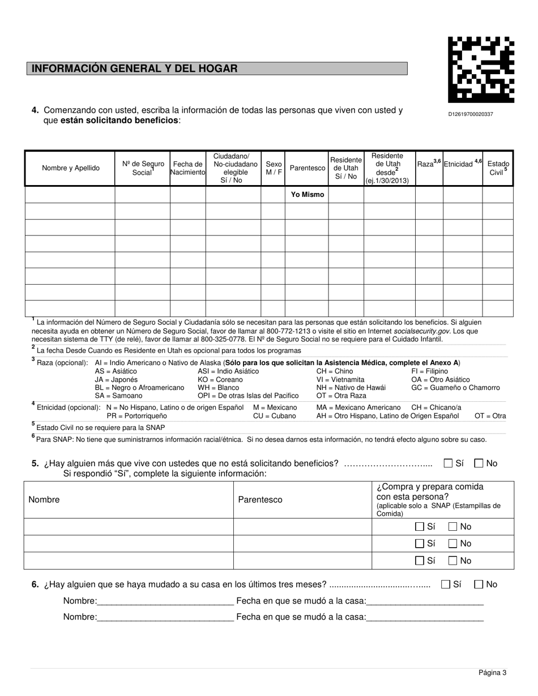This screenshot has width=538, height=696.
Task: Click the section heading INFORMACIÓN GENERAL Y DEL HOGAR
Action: (x=135, y=68)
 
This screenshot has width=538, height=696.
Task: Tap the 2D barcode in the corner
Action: (x=481, y=70)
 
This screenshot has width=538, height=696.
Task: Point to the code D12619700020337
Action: (x=470, y=114)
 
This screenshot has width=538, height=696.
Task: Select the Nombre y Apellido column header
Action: (x=71, y=168)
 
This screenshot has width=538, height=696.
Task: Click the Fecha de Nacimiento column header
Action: (x=188, y=168)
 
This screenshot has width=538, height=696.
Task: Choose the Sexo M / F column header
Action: (x=274, y=168)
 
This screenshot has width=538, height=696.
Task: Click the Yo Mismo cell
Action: (x=308, y=195)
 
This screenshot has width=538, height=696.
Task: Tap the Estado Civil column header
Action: (x=498, y=168)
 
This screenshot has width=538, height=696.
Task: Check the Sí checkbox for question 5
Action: (x=448, y=463)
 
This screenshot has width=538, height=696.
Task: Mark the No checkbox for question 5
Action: (x=479, y=463)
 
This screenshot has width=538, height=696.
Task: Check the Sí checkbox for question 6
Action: (x=446, y=585)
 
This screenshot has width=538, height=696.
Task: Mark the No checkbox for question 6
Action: (x=479, y=585)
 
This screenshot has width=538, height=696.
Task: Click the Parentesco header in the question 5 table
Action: (x=260, y=500)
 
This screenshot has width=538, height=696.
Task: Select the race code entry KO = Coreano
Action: (x=220, y=380)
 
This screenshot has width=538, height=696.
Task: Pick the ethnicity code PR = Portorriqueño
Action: (x=136, y=416)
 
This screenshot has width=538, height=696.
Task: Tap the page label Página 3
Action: (x=492, y=673)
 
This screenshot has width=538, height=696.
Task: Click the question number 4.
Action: (x=35, y=110)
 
